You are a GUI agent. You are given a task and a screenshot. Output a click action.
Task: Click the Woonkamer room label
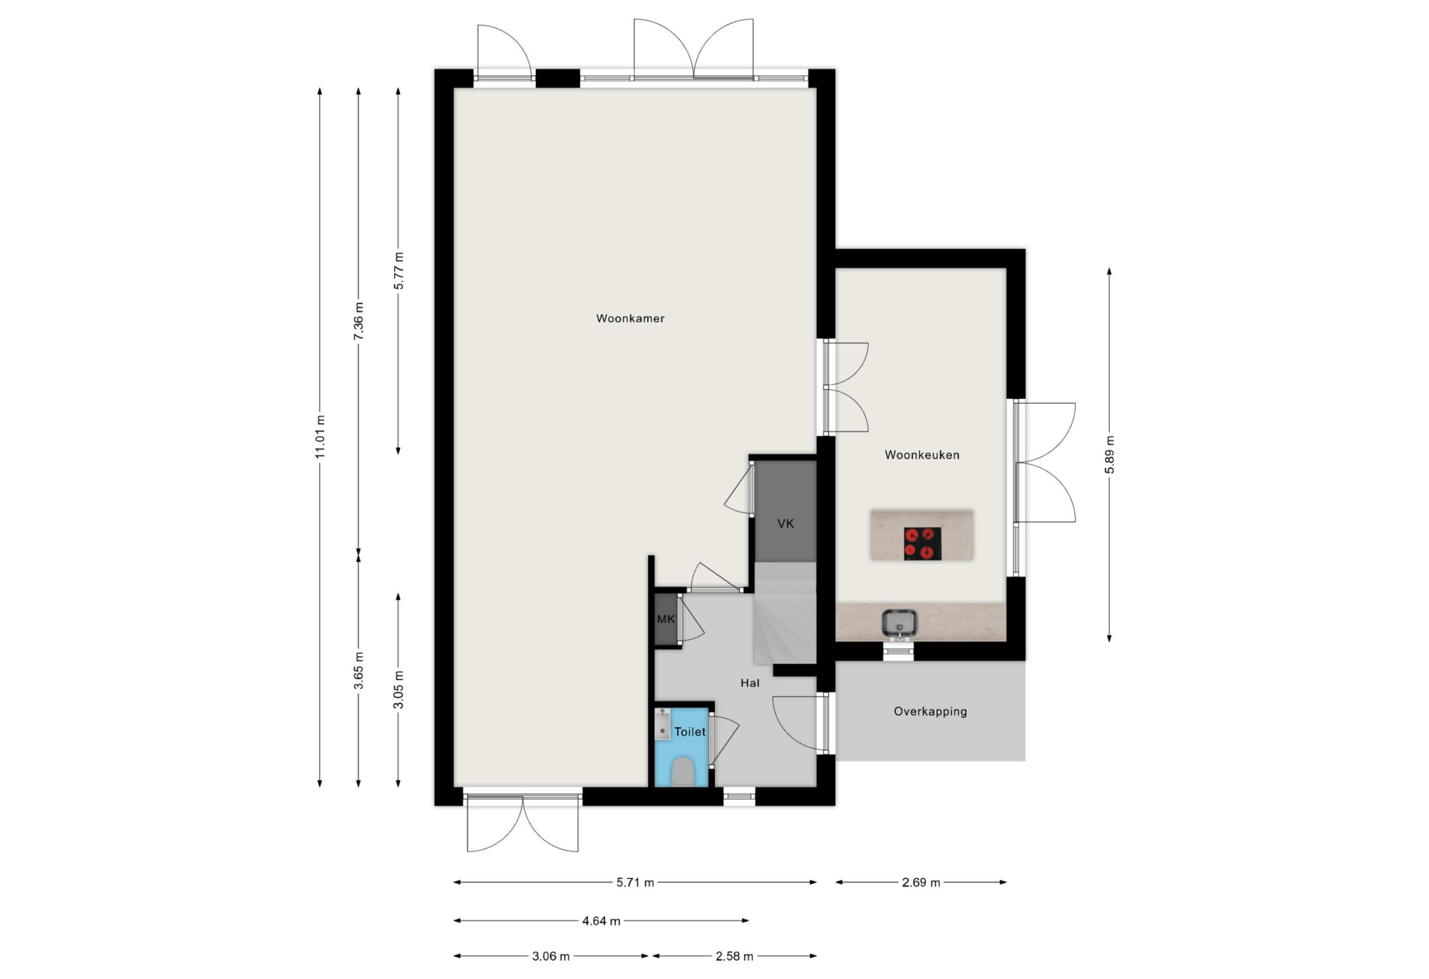point(630,318)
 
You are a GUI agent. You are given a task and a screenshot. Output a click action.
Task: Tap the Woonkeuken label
point(922,455)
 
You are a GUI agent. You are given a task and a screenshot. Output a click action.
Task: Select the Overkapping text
point(931,711)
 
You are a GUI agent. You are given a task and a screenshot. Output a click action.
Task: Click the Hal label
point(749,683)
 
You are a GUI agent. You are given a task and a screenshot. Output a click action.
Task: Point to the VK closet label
point(786,524)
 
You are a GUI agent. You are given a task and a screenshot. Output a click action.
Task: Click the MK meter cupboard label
point(666,619)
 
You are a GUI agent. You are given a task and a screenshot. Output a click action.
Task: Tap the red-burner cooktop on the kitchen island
point(923,543)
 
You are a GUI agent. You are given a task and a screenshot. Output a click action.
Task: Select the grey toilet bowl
point(682,772)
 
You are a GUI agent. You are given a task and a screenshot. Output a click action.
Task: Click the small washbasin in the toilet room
point(662,723)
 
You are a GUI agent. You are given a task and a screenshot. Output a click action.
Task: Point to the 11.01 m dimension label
point(320,437)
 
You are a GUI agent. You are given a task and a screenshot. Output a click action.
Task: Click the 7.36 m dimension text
point(358,320)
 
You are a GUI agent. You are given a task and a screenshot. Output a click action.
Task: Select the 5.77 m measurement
point(398,270)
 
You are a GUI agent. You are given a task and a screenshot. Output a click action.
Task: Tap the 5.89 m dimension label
point(1109,455)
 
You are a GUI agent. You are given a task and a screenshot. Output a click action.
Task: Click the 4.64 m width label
point(601,921)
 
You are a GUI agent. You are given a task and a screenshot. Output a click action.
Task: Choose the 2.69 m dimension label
point(921,882)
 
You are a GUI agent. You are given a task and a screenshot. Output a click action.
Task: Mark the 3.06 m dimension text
point(551,956)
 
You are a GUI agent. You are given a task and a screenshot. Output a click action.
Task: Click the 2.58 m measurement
point(734,956)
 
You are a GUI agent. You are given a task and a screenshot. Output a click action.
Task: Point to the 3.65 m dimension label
point(358,671)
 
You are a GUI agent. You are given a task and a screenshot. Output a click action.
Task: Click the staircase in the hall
point(785,613)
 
